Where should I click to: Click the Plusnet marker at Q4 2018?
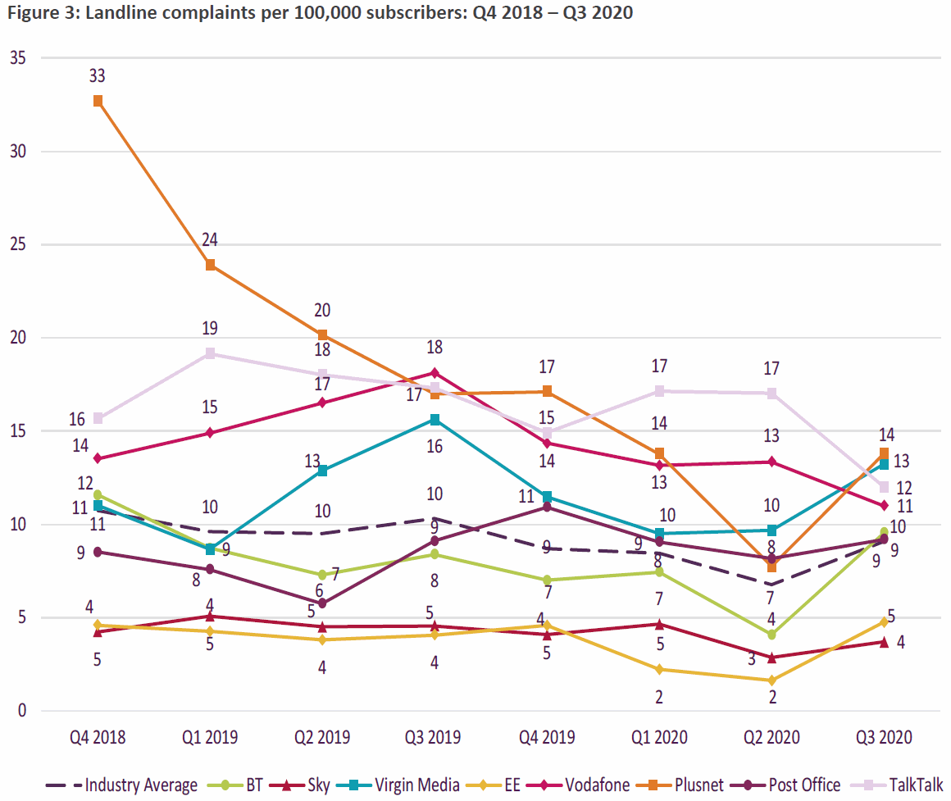point(98,101)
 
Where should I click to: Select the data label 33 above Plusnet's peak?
point(98,76)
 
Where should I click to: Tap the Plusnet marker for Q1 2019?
point(210,265)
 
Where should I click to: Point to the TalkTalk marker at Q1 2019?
point(210,353)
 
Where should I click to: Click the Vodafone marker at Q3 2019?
point(435,373)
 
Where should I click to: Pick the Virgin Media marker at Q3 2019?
point(435,420)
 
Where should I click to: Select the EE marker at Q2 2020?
point(771,680)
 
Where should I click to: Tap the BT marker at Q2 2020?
point(771,635)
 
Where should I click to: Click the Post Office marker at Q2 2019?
point(322,603)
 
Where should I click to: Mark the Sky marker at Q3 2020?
point(884,642)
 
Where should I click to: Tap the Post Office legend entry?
point(791,785)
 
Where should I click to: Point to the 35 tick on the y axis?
point(17,58)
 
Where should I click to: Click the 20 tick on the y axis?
point(17,338)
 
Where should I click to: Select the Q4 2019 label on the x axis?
point(547,737)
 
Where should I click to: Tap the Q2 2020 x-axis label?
point(771,737)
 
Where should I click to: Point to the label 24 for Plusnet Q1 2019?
point(210,240)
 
